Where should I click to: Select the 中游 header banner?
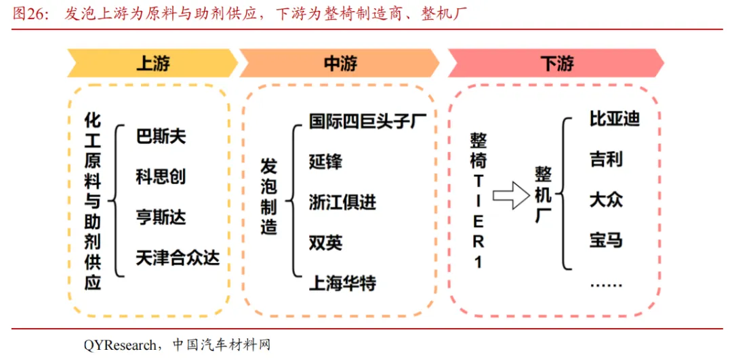(x=340, y=64)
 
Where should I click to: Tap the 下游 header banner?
(x=556, y=64)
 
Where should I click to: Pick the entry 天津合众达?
(x=178, y=258)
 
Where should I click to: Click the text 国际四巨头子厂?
(x=367, y=121)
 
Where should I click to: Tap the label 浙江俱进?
(x=342, y=202)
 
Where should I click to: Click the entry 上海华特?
(x=342, y=282)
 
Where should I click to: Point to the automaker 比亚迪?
(x=615, y=119)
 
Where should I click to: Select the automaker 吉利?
(x=606, y=159)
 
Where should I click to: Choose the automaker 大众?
(x=606, y=199)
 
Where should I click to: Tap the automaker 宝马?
(x=606, y=240)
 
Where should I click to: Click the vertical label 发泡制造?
(x=269, y=197)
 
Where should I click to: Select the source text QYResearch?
(x=119, y=345)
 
